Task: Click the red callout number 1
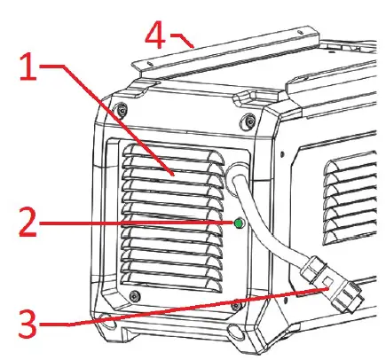28,67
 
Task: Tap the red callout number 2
28,223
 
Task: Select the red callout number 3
28,324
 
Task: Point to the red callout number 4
155,35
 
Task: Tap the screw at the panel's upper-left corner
122,108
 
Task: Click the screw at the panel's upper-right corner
248,120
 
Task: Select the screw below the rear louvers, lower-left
135,295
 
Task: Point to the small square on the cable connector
327,281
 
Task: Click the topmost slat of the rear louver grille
173,153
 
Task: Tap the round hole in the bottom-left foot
107,322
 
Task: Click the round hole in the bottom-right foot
236,332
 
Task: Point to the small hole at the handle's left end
150,63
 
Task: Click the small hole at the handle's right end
301,32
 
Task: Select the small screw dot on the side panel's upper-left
282,154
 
